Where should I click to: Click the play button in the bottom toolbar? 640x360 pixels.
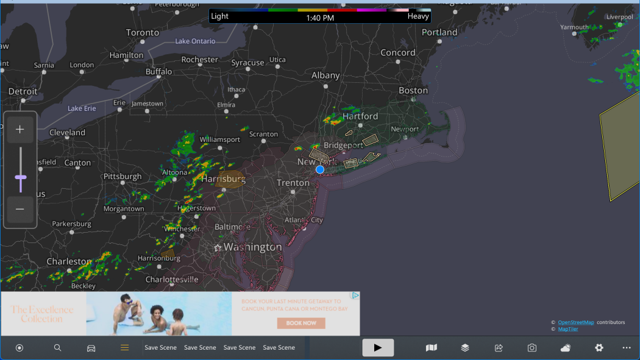click(x=378, y=348)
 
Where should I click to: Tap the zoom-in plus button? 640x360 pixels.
click(x=20, y=129)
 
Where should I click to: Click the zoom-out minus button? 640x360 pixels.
click(x=20, y=209)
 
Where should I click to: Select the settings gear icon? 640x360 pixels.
click(x=599, y=348)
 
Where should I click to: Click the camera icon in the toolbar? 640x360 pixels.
click(x=532, y=348)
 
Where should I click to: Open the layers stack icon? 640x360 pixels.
click(x=465, y=348)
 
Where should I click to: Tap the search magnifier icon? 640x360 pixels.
click(x=57, y=348)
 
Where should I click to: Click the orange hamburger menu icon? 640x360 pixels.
click(x=124, y=348)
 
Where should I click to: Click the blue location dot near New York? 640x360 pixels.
click(x=320, y=169)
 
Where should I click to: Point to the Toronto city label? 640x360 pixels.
click(x=143, y=32)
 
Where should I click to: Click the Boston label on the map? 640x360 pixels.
click(x=413, y=90)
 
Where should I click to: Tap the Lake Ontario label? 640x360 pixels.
click(x=195, y=41)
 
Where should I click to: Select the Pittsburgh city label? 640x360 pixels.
click(x=123, y=177)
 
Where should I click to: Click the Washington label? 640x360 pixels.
click(x=252, y=247)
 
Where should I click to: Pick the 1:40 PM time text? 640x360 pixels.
click(x=320, y=18)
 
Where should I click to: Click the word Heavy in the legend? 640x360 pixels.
click(x=418, y=16)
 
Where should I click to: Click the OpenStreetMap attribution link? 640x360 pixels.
click(x=576, y=322)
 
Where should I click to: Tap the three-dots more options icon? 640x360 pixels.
click(x=627, y=348)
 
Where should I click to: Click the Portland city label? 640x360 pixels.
click(x=439, y=32)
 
